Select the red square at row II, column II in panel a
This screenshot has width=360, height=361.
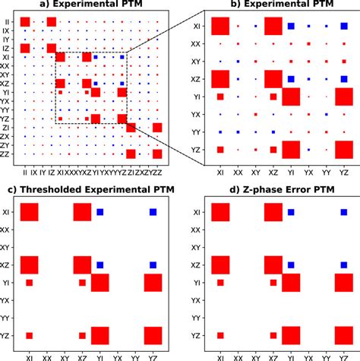(25, 21)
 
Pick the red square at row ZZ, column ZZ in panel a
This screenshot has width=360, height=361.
(157, 154)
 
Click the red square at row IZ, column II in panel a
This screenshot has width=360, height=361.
(25, 49)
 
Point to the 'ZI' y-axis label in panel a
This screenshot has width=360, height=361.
(9, 128)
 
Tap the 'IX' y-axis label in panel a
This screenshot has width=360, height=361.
(9, 30)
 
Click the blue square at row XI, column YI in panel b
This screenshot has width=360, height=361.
(291, 27)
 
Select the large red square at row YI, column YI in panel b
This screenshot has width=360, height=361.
(291, 97)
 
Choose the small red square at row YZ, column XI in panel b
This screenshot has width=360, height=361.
(220, 150)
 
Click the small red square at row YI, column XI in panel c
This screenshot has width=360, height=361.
(30, 283)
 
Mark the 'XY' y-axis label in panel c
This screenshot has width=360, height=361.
(9, 247)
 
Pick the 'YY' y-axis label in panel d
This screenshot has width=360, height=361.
(196, 318)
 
